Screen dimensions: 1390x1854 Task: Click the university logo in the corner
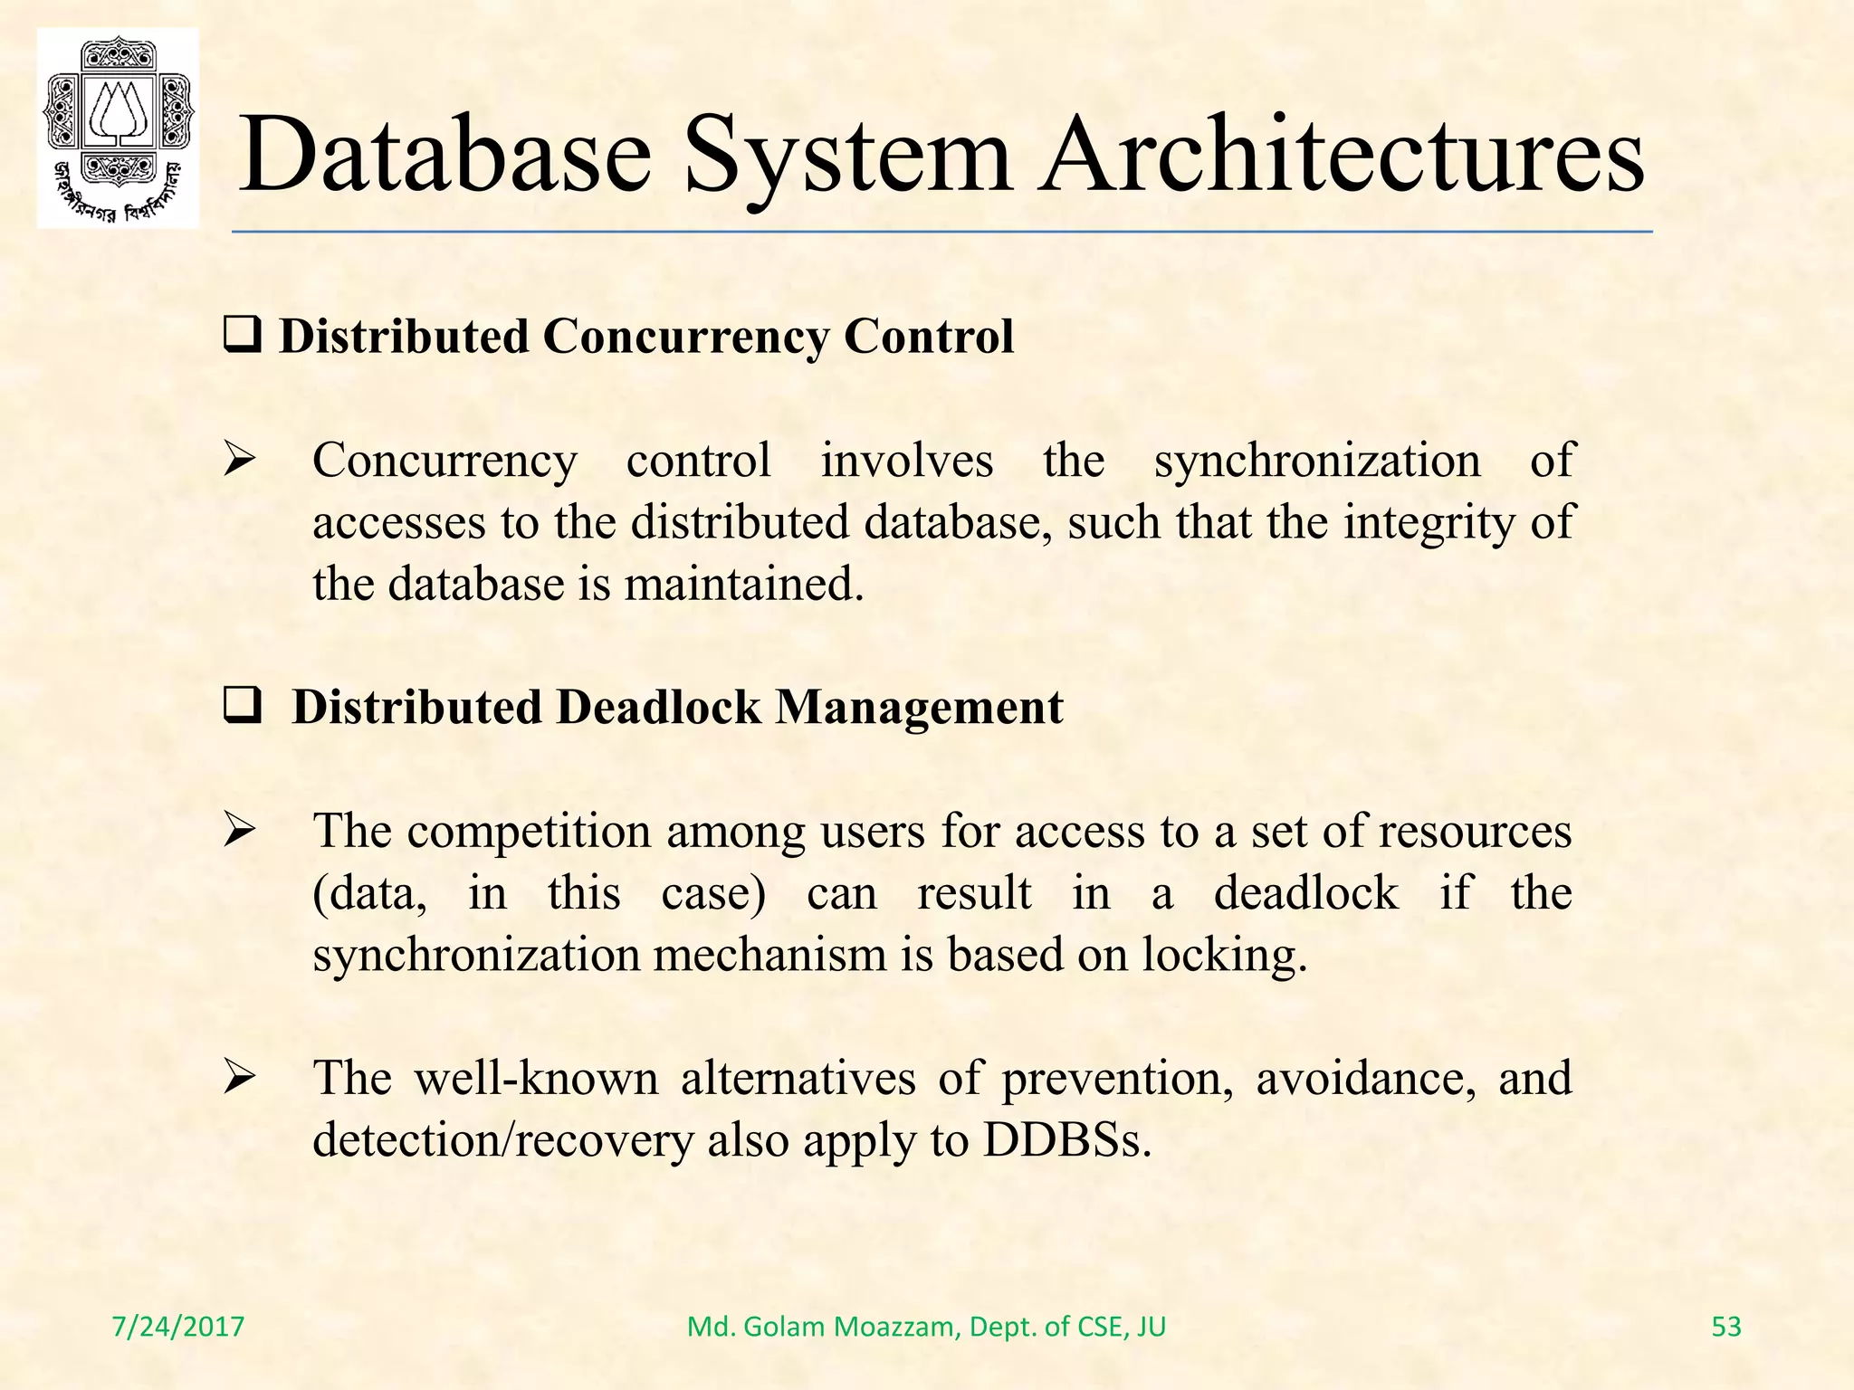tap(118, 128)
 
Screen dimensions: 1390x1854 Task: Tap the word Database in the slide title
tap(444, 155)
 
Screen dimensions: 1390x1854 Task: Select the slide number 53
tap(1726, 1327)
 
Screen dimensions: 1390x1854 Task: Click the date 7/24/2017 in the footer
tap(178, 1327)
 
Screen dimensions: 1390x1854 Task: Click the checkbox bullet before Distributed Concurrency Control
tap(242, 337)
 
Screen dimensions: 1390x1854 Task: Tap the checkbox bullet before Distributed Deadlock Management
tap(242, 707)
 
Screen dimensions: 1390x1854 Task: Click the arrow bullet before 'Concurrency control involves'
tap(240, 461)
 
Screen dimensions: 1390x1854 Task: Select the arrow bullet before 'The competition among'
tap(240, 831)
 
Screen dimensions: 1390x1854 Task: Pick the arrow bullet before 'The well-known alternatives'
tap(240, 1079)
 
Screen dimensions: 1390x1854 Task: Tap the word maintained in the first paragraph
tap(743, 584)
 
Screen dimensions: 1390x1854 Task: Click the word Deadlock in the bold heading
tap(658, 707)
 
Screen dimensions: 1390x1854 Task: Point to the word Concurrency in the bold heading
tap(685, 337)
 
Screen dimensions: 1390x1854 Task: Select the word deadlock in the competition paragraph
tap(1305, 893)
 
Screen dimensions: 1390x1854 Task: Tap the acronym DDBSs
tap(1067, 1140)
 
